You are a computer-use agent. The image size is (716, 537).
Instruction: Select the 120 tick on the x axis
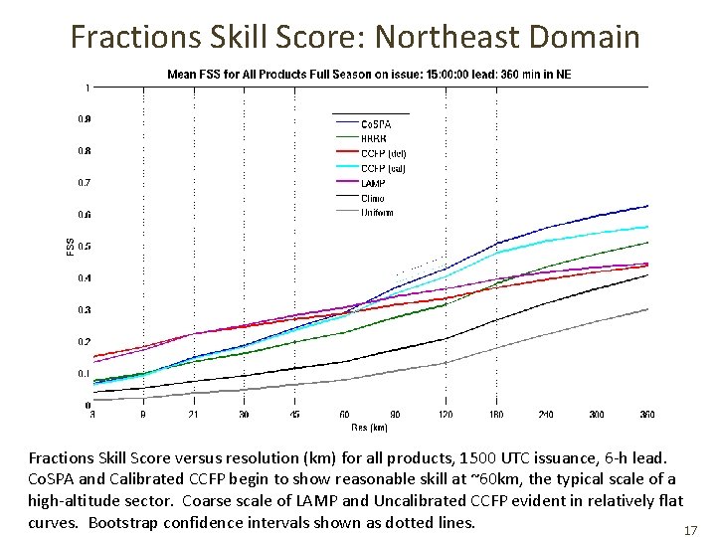(445, 414)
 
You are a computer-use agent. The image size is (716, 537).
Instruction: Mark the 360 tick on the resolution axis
(647, 414)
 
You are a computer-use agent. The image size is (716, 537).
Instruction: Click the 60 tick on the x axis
(344, 414)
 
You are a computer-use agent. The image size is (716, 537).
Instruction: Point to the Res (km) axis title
(368, 427)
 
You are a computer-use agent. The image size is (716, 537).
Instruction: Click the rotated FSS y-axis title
(70, 246)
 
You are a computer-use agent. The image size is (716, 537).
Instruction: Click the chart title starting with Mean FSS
(369, 74)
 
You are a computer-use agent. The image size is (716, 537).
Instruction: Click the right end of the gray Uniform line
(646, 309)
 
